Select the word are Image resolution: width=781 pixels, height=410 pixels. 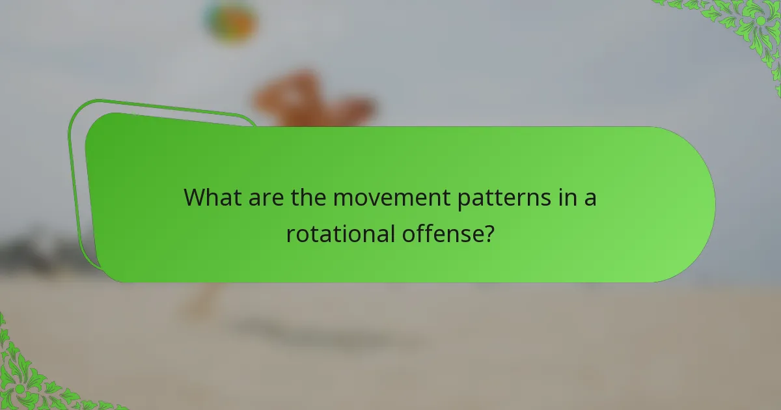click(x=265, y=197)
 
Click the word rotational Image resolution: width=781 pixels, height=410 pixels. click(x=338, y=234)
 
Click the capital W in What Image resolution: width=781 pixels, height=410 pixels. click(x=195, y=197)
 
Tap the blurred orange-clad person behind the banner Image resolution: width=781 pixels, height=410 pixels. click(x=312, y=101)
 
